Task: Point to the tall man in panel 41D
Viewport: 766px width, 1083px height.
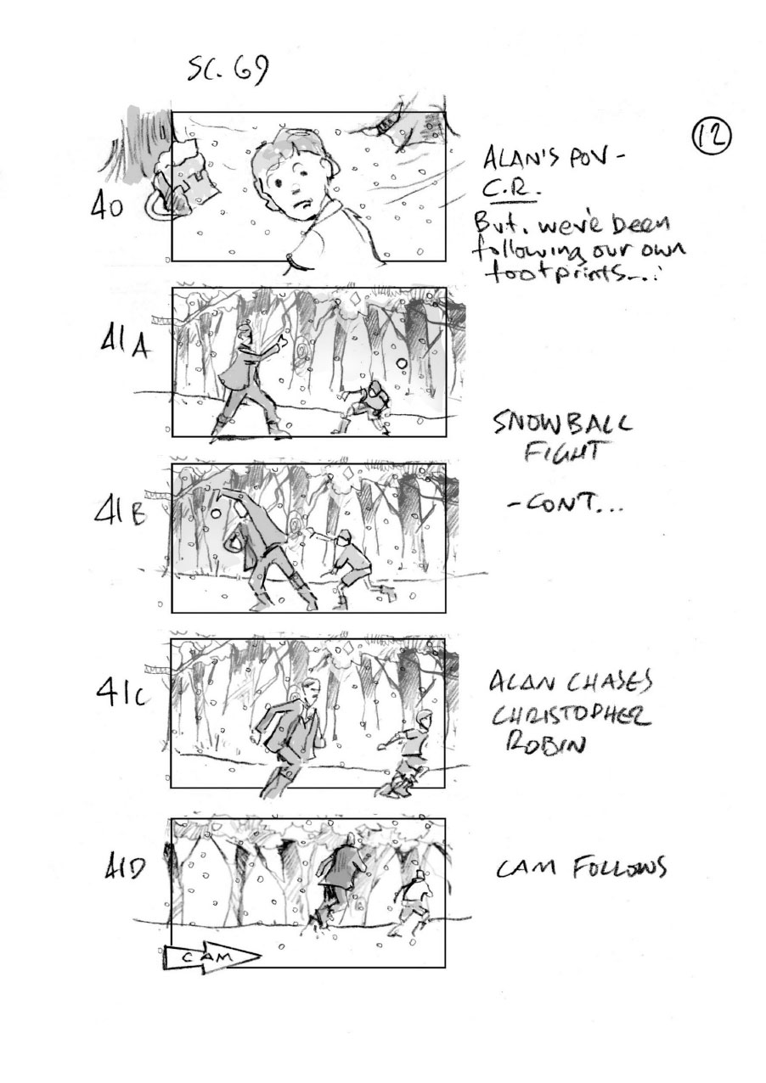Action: (337, 880)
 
